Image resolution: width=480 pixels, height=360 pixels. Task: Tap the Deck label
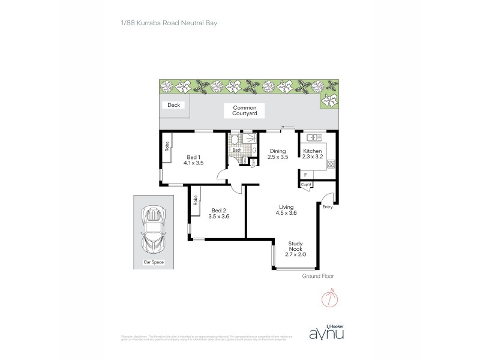click(x=174, y=105)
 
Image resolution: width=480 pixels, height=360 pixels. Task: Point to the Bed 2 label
click(x=219, y=210)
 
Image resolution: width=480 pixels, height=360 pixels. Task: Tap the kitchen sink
click(x=313, y=137)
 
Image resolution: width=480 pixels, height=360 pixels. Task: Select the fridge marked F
click(x=305, y=175)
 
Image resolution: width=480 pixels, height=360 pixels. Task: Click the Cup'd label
click(x=305, y=184)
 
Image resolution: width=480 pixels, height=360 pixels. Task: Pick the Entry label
click(x=328, y=207)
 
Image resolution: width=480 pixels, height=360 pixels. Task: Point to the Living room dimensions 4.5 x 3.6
click(x=287, y=212)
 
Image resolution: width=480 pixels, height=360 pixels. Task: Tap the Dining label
click(x=278, y=151)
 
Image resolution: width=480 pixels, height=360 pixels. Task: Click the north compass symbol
click(x=329, y=298)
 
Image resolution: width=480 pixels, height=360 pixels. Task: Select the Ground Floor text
click(x=318, y=276)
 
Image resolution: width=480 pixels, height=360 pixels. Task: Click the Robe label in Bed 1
click(x=166, y=147)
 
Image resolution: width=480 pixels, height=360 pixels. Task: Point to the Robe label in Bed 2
click(x=195, y=202)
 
